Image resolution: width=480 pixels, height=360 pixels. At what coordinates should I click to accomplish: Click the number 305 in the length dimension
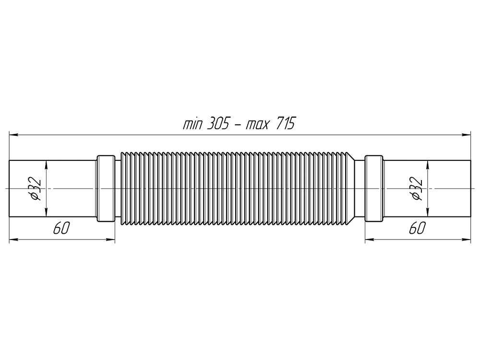coord(218,124)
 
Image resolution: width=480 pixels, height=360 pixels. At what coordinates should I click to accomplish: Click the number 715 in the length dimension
coord(286,124)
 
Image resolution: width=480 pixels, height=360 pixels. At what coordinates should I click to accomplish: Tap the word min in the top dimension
coord(192,125)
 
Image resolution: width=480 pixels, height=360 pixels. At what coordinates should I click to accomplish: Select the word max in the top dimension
coord(257,125)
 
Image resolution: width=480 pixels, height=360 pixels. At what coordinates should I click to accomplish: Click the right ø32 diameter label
coord(417,189)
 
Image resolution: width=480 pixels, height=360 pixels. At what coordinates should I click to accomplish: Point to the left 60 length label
coord(61,228)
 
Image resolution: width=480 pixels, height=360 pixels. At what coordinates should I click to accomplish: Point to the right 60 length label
coord(417,228)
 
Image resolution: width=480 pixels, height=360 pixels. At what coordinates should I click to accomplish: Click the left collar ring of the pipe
coord(106,189)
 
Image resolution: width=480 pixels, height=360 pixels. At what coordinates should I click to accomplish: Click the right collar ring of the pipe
coord(374,189)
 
